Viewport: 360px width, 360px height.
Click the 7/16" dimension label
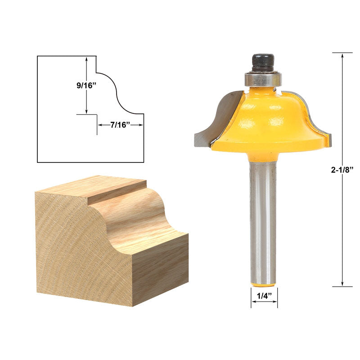[120, 125]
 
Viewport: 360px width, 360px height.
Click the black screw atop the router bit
[263, 62]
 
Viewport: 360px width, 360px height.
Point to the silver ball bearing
[263, 80]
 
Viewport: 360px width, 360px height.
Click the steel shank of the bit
[263, 220]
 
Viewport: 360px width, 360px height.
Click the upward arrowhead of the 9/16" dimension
[86, 59]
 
